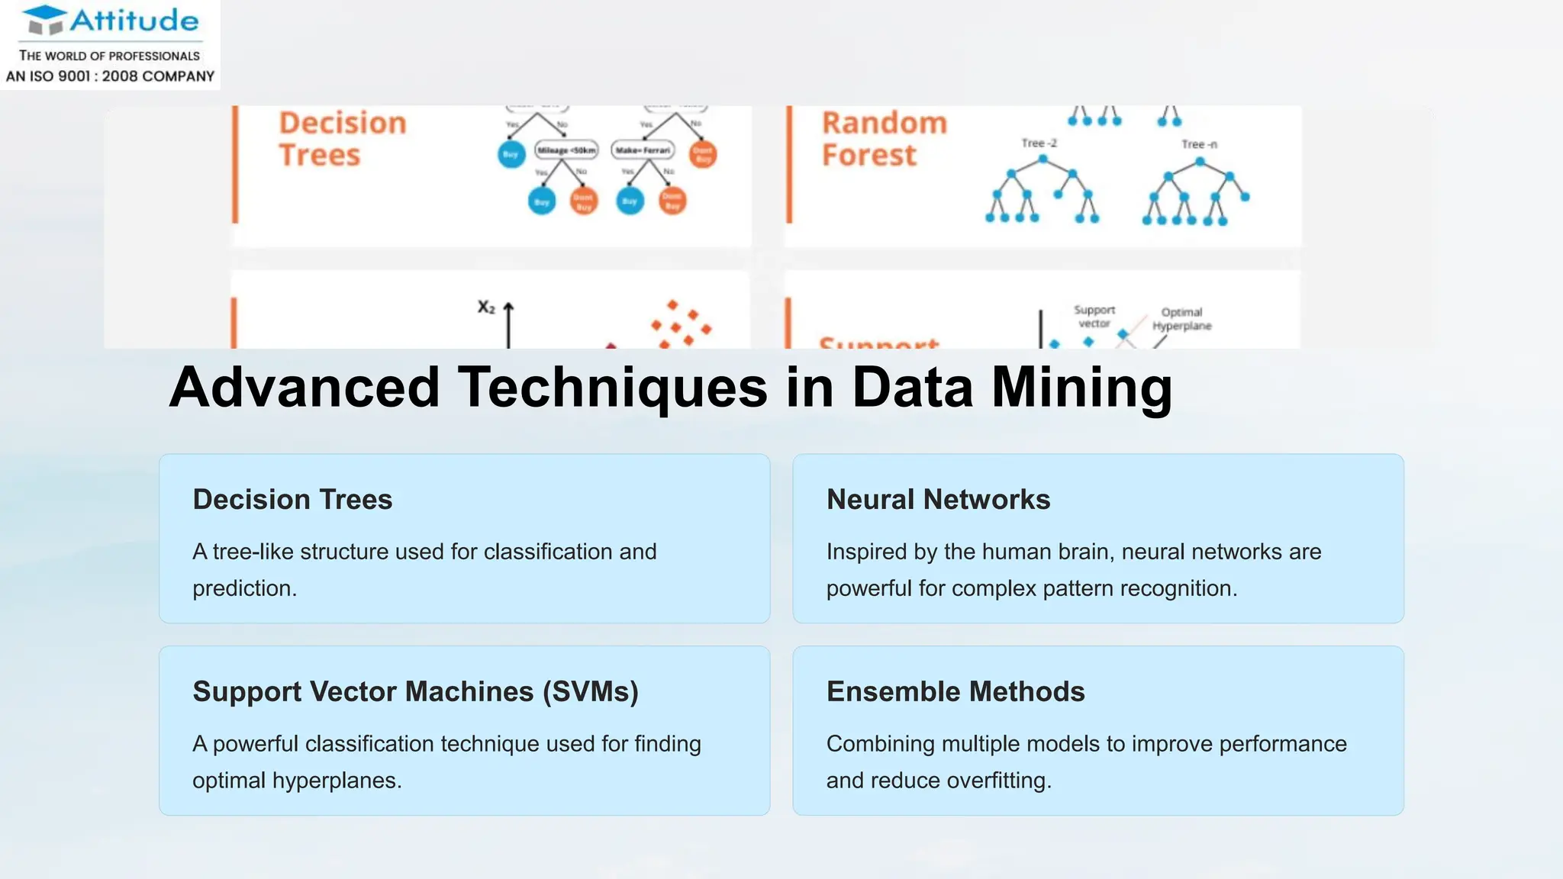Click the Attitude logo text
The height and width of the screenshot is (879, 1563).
coord(134,21)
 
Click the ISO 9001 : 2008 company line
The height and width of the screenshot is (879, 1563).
coord(110,76)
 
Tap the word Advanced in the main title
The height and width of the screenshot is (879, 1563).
coord(304,388)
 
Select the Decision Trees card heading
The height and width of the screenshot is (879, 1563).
coord(292,500)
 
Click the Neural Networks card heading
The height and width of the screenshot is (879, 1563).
coord(938,500)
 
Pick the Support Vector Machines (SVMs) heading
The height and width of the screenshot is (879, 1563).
coord(415,692)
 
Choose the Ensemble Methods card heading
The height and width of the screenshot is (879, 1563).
coord(956,692)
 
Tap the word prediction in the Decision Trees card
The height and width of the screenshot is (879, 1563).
coord(244,588)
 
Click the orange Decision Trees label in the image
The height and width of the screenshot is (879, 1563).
coord(342,139)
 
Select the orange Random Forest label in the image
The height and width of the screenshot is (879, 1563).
coord(884,139)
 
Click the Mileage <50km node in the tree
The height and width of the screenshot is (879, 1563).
coord(566,150)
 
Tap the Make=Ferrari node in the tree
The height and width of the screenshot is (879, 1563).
coord(643,150)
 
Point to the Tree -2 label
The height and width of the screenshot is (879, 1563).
coord(1039,143)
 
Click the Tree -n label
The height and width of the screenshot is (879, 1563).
coord(1199,144)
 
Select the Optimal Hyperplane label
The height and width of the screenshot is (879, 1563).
coord(1181,319)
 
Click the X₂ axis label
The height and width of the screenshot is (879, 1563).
coord(486,307)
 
